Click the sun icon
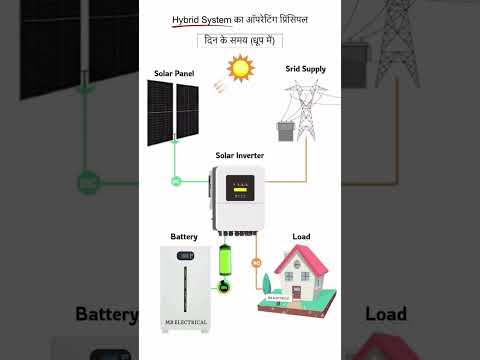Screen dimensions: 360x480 click(239, 68)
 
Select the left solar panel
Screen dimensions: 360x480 click(160, 112)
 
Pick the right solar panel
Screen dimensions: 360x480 click(187, 112)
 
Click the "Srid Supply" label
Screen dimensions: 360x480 click(306, 69)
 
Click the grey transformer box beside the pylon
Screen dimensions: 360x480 click(284, 130)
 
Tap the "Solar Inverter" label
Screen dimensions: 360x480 click(240, 156)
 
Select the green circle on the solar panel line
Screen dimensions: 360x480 click(175, 181)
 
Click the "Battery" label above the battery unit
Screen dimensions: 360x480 click(184, 237)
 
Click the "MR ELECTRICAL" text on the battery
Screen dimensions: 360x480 click(185, 322)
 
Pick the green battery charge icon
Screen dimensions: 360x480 click(226, 268)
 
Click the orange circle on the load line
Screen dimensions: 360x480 click(256, 263)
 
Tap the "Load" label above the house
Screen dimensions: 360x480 click(301, 237)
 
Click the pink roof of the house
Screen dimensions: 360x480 click(301, 261)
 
